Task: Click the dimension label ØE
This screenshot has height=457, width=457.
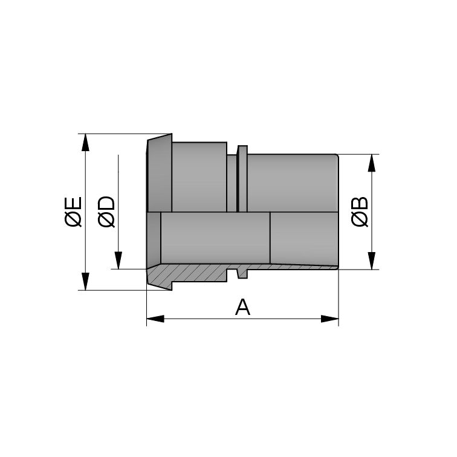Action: (73, 212)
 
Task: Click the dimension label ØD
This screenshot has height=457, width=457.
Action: (106, 212)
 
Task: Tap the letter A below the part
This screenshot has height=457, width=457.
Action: (242, 307)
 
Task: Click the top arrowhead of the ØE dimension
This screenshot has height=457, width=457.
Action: (86, 141)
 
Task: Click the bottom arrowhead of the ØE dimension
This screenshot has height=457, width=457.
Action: (86, 282)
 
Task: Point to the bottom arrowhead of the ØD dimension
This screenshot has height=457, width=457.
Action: (119, 261)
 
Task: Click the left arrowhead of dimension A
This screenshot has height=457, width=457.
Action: (155, 319)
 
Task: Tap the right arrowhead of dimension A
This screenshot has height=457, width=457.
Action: (330, 319)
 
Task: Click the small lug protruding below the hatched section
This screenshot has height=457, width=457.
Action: (242, 274)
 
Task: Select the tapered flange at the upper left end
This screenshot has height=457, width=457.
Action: (160, 175)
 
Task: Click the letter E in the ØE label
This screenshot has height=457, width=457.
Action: (73, 203)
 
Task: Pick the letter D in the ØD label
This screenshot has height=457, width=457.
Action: (106, 203)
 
